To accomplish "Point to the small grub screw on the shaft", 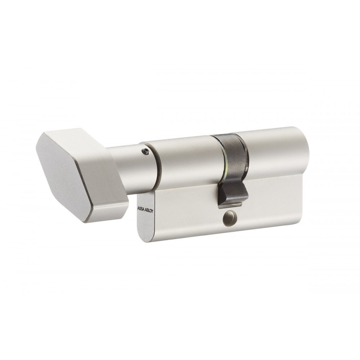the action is coord(144,151).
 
